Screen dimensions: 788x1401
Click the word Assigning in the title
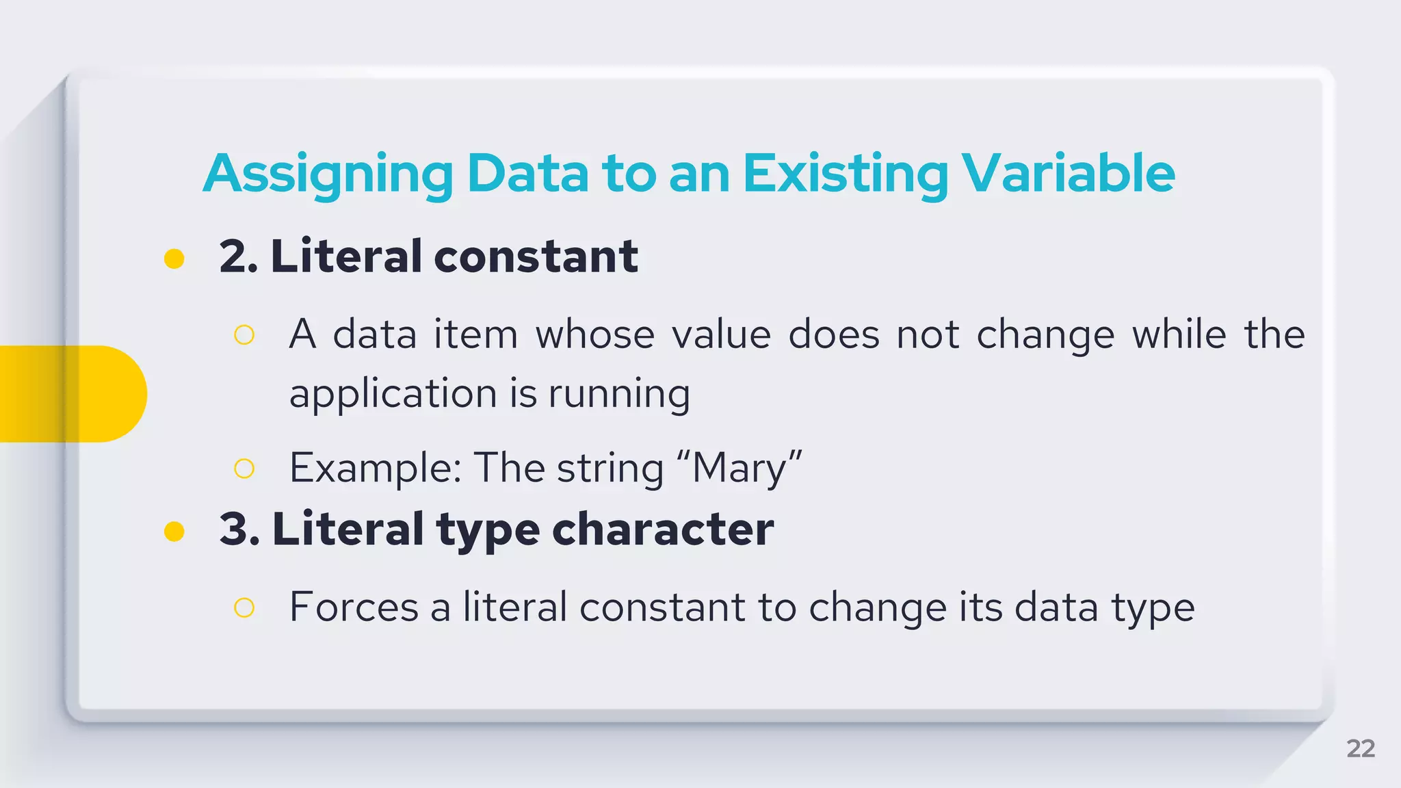click(x=328, y=174)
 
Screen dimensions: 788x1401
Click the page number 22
click(x=1360, y=748)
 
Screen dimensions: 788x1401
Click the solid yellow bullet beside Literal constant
click(x=174, y=259)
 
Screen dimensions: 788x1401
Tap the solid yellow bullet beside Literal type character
click(x=174, y=531)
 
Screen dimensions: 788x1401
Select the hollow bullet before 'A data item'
click(x=244, y=335)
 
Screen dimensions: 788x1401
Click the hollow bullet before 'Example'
click(x=244, y=469)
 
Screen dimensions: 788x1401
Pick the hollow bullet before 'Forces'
click(x=244, y=607)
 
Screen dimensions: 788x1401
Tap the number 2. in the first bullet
click(x=238, y=257)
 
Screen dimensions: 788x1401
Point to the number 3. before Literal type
click(x=239, y=529)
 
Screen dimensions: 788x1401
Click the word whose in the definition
click(x=595, y=335)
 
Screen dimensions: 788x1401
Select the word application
click(x=391, y=395)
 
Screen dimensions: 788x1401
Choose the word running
click(x=619, y=395)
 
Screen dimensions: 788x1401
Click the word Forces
click(x=354, y=607)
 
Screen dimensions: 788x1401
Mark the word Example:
click(x=375, y=469)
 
